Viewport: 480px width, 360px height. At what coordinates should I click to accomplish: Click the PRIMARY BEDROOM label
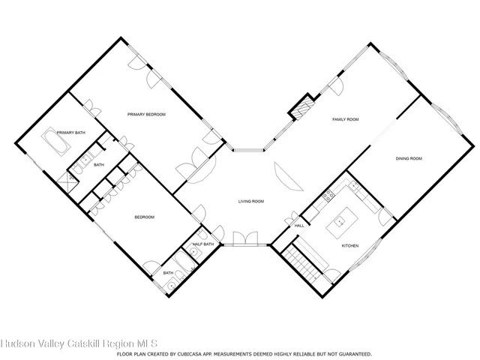coord(146,114)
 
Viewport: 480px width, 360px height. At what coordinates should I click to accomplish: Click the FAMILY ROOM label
coord(346,119)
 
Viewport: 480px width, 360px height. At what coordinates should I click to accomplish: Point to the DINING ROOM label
coord(409,158)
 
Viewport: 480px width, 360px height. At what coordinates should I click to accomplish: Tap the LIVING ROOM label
coord(251,201)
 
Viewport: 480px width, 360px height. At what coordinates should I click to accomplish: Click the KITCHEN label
coord(350,245)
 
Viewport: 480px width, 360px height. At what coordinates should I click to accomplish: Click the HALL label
coord(298,225)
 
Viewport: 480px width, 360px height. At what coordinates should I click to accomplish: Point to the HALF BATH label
coord(203,244)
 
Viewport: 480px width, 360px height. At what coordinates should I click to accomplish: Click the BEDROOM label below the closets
coord(144,217)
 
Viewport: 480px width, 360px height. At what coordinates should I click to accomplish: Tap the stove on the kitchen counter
coord(327,197)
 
